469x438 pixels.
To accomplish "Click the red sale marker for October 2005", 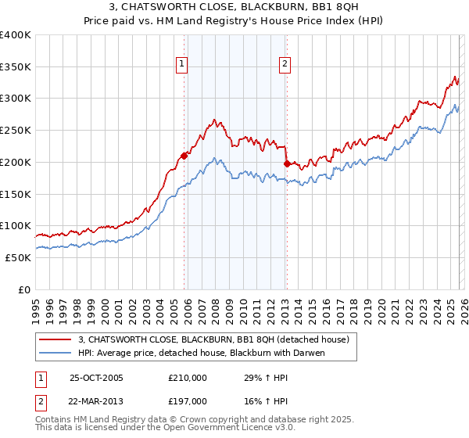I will coord(184,155).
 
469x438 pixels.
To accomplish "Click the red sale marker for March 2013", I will coord(287,163).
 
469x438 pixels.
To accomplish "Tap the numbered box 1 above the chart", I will coord(182,65).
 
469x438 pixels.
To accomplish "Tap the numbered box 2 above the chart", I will coord(285,65).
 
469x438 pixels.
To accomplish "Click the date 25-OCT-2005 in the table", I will coord(96,378).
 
